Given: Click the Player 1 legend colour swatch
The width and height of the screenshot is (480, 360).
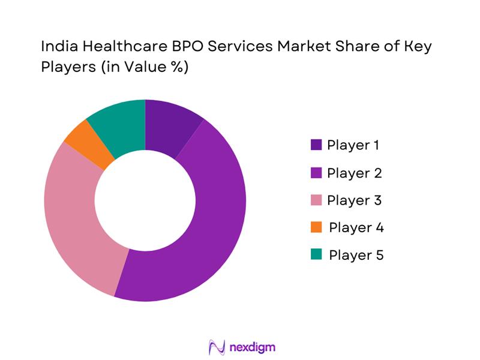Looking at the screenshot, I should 316,145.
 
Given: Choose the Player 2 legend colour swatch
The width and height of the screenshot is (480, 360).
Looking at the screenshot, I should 316,173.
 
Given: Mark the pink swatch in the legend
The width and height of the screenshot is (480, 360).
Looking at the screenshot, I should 316,200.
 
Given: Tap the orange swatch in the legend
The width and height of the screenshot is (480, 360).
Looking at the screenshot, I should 316,227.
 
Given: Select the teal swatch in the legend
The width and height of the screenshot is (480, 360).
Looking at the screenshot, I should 316,255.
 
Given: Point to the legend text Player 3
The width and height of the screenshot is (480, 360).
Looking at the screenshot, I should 354,200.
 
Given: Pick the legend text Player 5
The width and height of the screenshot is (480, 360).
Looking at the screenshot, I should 356,255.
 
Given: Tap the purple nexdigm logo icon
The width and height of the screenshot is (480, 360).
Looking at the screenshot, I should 215,347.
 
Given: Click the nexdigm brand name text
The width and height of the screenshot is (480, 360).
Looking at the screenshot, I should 253,347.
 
